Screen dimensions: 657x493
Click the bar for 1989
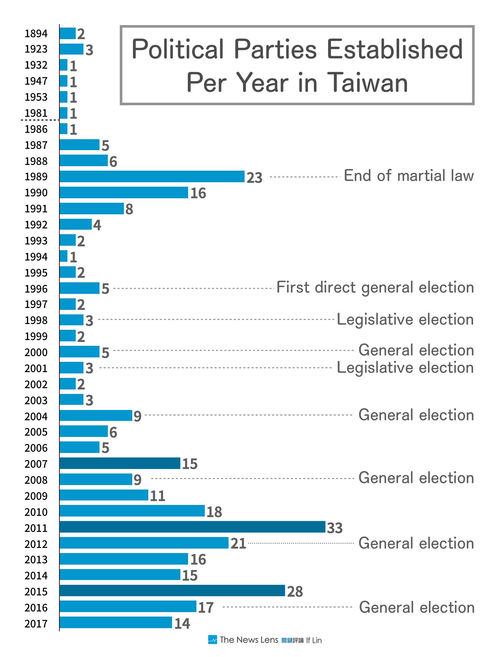coord(152,176)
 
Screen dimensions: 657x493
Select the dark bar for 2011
coord(192,527)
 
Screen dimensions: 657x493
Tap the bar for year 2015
coord(172,591)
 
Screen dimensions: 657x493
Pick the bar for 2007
coord(120,463)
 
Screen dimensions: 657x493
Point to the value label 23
coord(255,177)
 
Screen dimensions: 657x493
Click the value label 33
coord(335,528)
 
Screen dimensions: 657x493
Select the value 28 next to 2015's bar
coord(295,591)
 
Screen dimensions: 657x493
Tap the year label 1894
coord(36,33)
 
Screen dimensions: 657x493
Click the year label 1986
coord(36,129)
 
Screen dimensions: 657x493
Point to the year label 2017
coord(36,624)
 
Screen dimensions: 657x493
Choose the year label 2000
coord(36,352)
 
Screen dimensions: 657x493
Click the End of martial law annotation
coord(409,176)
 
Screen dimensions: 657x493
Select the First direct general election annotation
coord(375,287)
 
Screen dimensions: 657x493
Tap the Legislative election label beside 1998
coord(405,320)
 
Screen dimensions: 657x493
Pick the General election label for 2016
coord(417,607)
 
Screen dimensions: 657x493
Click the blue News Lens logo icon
coord(212,640)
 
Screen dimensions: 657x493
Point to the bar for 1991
coord(91,209)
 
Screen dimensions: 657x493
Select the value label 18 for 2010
coord(214,512)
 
